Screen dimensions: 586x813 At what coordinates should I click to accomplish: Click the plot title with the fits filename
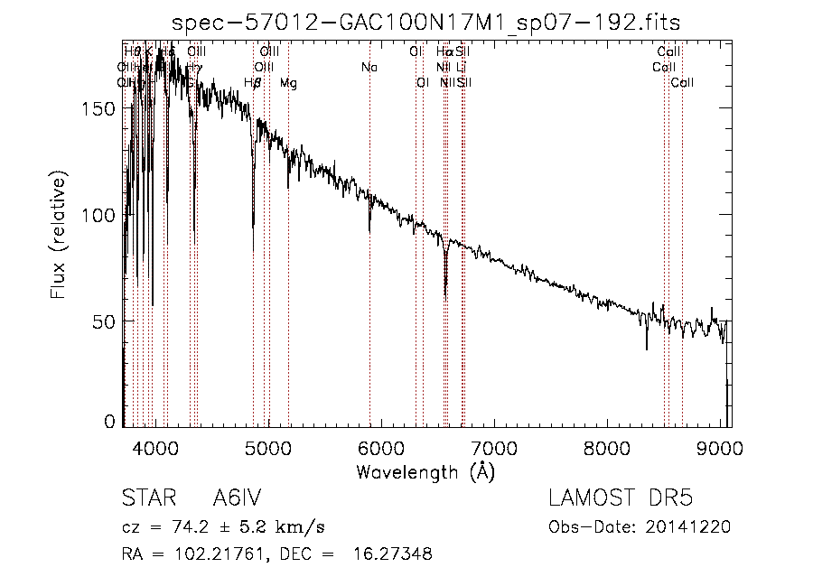coord(426,22)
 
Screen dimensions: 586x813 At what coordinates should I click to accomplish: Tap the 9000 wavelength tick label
coord(720,447)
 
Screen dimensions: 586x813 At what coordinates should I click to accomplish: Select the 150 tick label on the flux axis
coord(100,108)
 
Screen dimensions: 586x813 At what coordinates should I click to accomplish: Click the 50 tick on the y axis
coord(105,321)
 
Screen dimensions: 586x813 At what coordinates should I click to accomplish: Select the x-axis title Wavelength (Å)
coord(425,471)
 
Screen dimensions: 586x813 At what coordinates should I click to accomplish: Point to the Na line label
coord(369,67)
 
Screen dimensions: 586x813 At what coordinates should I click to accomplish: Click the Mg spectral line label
coord(288,83)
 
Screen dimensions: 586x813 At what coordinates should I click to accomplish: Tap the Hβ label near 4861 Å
coord(253,83)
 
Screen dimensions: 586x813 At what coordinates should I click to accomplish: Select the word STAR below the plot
coord(148,499)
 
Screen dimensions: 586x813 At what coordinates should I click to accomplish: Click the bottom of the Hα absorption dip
coord(445,294)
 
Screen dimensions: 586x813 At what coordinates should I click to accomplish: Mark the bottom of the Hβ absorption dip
coord(253,226)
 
